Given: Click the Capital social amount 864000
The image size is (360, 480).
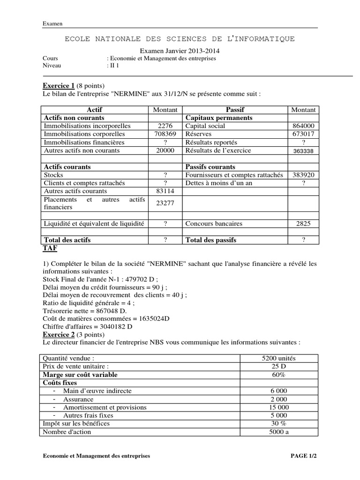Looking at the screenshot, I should [x=303, y=126].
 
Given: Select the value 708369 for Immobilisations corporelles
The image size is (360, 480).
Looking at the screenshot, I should [x=165, y=134].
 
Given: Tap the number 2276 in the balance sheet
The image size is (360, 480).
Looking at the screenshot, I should [x=165, y=126].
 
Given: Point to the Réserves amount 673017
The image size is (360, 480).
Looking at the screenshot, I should [x=303, y=134].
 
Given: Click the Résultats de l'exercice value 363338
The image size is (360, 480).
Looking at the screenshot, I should [x=303, y=151].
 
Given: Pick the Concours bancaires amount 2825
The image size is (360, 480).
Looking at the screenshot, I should [x=303, y=224].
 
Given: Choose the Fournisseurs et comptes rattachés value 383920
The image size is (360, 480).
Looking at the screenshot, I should [x=303, y=175].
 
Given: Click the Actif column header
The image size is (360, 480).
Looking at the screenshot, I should [x=94, y=110].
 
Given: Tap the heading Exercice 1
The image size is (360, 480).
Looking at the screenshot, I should [x=59, y=86].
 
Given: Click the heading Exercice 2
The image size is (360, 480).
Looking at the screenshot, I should [x=59, y=335].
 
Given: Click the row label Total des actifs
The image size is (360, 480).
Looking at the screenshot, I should [x=67, y=240].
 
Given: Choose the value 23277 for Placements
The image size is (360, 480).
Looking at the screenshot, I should [x=165, y=203].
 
